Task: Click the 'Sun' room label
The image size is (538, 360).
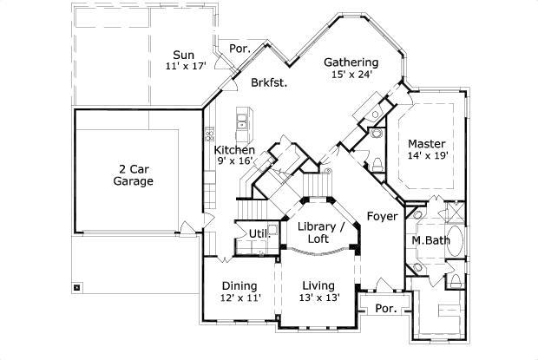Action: (x=182, y=54)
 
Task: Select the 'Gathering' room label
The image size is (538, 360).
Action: (x=351, y=62)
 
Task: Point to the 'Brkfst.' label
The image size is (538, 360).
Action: (x=269, y=83)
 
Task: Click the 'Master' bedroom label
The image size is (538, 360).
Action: (x=427, y=144)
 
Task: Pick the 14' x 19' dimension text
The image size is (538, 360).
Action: (x=427, y=156)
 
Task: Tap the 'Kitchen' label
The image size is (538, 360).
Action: (x=235, y=150)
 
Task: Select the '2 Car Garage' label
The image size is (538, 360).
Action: (x=133, y=175)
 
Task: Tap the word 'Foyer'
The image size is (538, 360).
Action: (x=382, y=215)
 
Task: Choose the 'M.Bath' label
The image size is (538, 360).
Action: (x=429, y=240)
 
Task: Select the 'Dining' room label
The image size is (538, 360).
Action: (x=239, y=285)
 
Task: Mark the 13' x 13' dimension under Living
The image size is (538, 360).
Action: (x=320, y=298)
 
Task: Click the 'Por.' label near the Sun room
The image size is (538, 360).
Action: (x=240, y=49)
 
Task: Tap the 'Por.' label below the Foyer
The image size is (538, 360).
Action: (x=384, y=309)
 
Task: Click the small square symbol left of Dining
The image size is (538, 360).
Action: (x=78, y=286)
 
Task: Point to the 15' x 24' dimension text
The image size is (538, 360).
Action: (x=351, y=75)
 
